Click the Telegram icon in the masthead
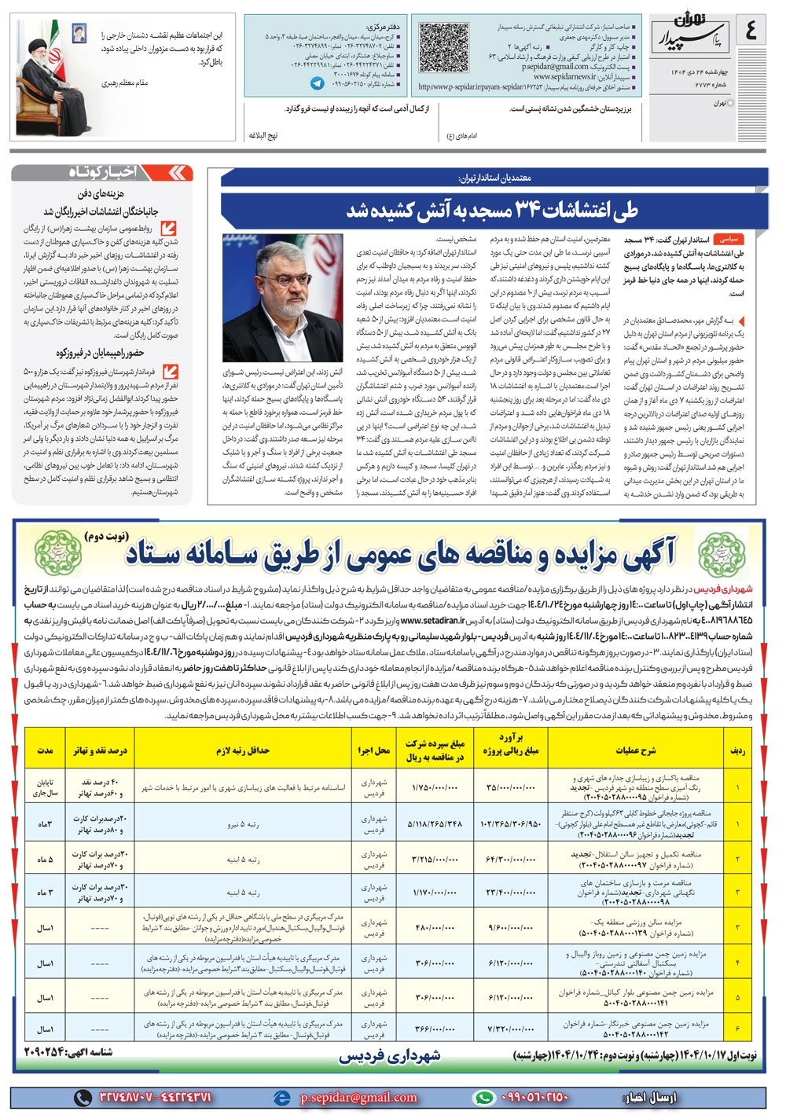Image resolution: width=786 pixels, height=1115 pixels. [x=317, y=83]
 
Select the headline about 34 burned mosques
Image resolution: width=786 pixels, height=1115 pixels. [x=492, y=210]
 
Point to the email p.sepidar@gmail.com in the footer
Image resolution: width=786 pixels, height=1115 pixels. [x=358, y=1098]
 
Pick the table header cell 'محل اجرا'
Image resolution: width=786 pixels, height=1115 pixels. [x=374, y=750]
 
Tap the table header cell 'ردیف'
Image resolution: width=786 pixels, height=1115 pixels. [x=737, y=750]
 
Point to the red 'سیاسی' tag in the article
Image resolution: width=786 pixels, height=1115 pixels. [x=729, y=237]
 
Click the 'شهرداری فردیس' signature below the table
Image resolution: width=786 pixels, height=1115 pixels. [x=390, y=1057]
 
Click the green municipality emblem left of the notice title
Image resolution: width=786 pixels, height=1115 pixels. [x=57, y=552]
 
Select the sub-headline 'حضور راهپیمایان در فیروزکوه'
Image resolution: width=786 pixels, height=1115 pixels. [x=100, y=353]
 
